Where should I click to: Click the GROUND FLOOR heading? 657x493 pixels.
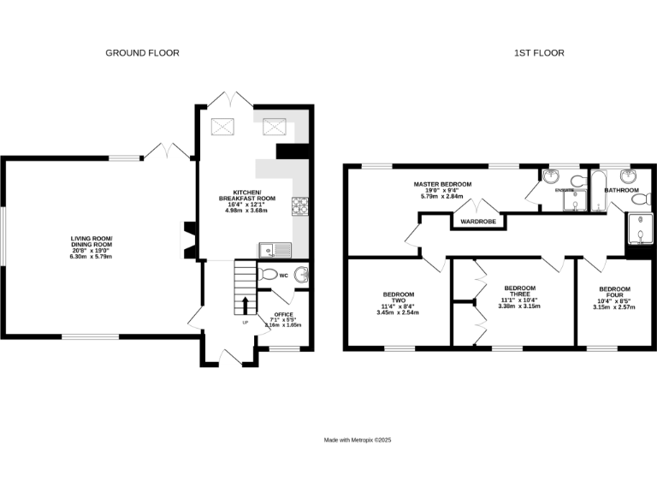(x=142, y=53)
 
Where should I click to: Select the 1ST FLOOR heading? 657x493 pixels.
(x=539, y=53)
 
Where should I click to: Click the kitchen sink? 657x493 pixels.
(x=275, y=250)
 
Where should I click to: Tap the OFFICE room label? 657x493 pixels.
(x=283, y=315)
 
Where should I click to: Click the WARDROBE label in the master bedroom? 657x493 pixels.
(x=478, y=222)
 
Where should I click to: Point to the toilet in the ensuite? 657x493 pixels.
(x=577, y=180)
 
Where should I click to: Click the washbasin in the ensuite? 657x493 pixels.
(x=551, y=177)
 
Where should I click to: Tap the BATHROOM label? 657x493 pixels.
(x=622, y=189)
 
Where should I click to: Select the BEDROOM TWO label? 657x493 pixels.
(x=398, y=299)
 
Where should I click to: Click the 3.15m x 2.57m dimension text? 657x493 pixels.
(x=615, y=306)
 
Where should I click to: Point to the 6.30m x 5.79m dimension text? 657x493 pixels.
(x=92, y=256)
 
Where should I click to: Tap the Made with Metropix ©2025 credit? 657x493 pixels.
(x=358, y=440)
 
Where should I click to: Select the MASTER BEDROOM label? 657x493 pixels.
(x=442, y=184)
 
